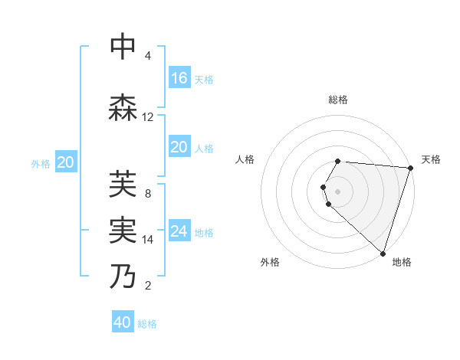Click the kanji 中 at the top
click(x=123, y=47)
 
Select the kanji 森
click(x=123, y=108)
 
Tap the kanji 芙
click(x=123, y=185)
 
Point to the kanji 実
click(x=123, y=231)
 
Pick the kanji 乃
click(x=123, y=277)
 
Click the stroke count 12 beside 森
click(x=148, y=117)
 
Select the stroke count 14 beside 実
click(x=148, y=240)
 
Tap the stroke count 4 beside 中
click(x=148, y=56)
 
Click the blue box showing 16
click(x=179, y=77)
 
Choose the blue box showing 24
click(x=179, y=231)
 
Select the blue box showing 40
click(x=123, y=322)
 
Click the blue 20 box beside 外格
click(x=66, y=162)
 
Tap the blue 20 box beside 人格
click(x=179, y=146)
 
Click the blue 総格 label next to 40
click(x=147, y=324)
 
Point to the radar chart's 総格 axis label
click(x=338, y=100)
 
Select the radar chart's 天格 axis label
click(x=431, y=159)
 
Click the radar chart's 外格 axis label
click(x=270, y=262)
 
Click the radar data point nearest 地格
click(x=383, y=254)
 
